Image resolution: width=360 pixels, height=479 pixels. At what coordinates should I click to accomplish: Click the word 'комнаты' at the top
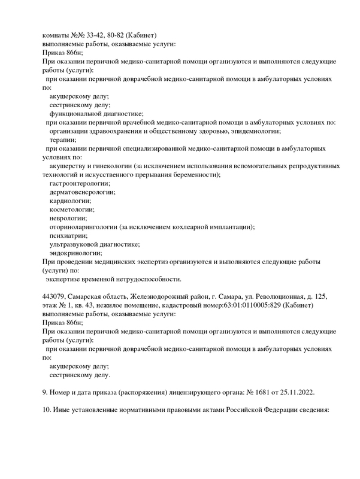pyautogui.click(x=58, y=35)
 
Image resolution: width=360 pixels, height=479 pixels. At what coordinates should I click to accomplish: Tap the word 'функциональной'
pyautogui.click(x=77, y=113)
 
